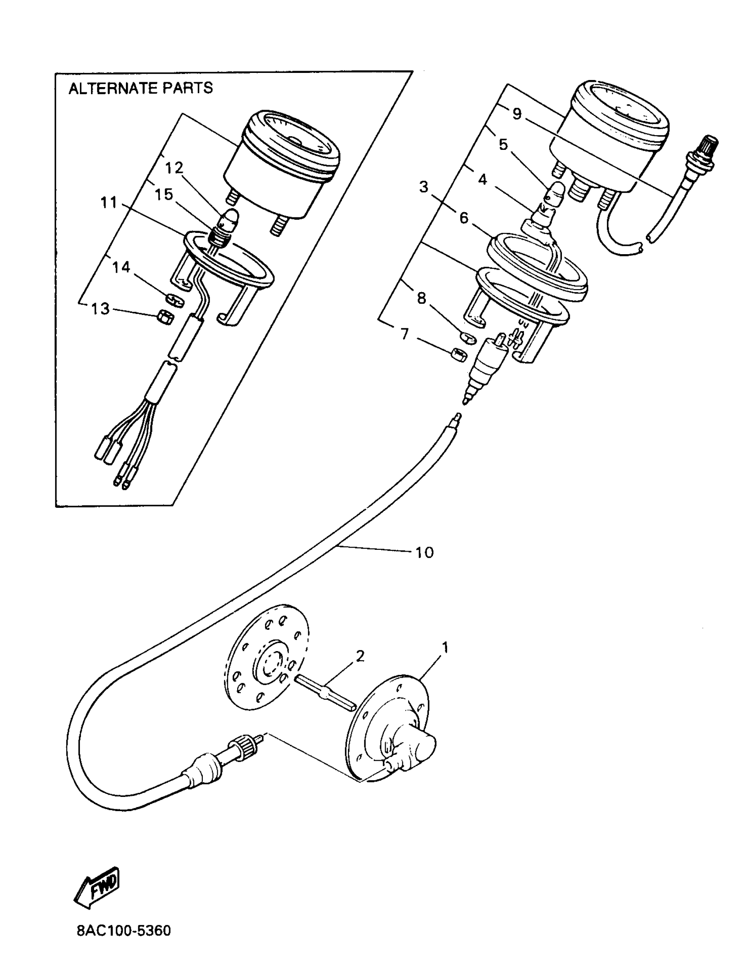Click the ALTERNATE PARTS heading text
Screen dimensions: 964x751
[140, 88]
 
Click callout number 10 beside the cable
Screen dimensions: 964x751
[424, 552]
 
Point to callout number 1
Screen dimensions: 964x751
[445, 648]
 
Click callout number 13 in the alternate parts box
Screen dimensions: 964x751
[100, 309]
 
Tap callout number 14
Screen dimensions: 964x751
[121, 267]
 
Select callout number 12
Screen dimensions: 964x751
[174, 168]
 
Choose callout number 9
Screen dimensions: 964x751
[517, 114]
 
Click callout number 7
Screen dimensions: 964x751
[405, 334]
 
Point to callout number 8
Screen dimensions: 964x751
[421, 298]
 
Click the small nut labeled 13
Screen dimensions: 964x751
[166, 317]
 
